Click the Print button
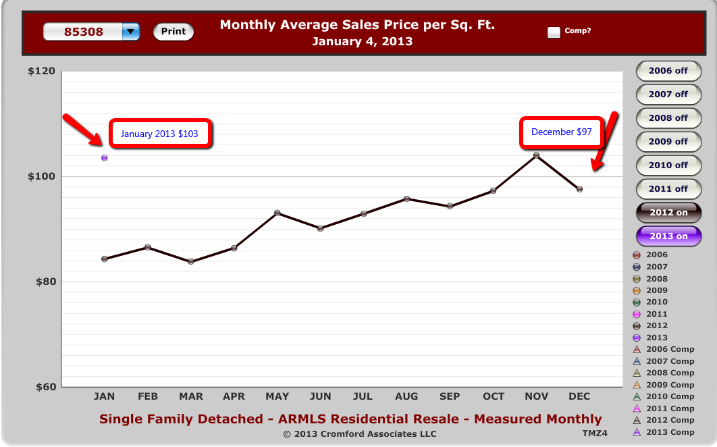point(174,32)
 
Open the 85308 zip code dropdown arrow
point(131,32)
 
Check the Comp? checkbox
point(554,32)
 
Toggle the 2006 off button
point(668,71)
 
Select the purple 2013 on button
point(668,236)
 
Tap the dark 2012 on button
point(668,212)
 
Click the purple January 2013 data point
point(104,158)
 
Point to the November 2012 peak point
point(536,155)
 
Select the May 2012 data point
point(277,213)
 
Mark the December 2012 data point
point(579,189)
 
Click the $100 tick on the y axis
point(42,176)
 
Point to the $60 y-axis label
point(46,387)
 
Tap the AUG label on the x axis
point(406,396)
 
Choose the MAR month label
point(190,396)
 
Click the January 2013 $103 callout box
point(160,134)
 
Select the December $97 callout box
point(562,132)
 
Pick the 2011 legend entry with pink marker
point(651,314)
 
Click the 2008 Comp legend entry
point(664,373)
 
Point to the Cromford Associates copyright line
point(360,433)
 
